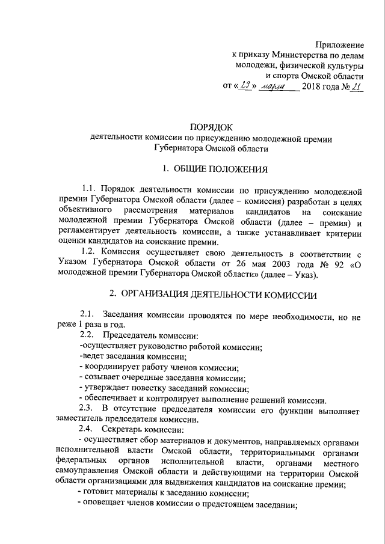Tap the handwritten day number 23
245,87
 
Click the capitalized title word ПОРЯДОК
210,126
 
